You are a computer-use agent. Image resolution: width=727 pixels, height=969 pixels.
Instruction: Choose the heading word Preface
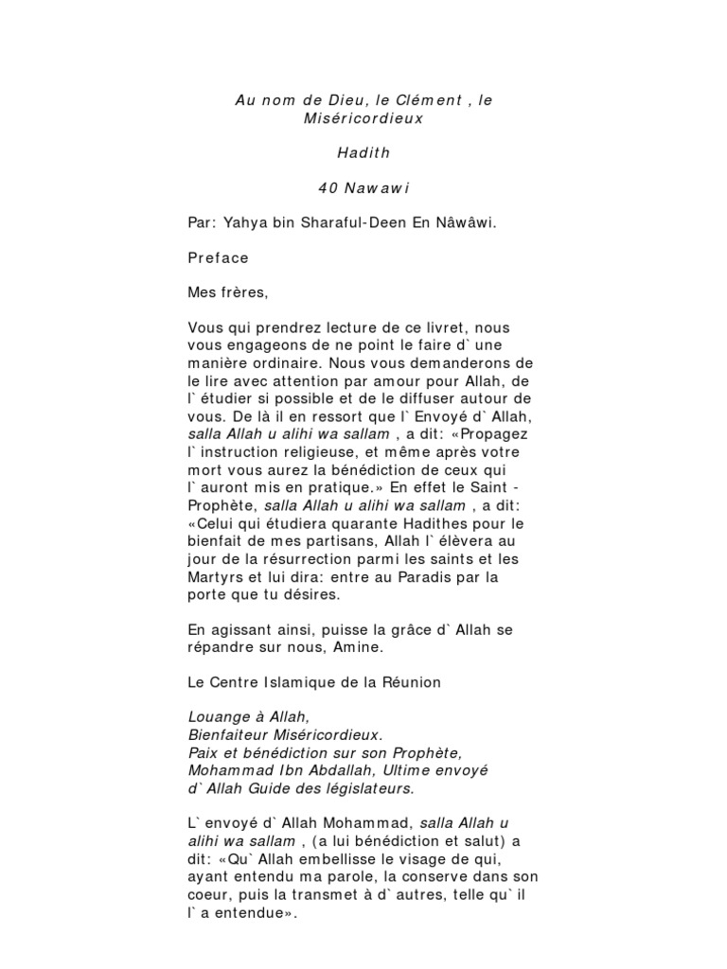219,257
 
